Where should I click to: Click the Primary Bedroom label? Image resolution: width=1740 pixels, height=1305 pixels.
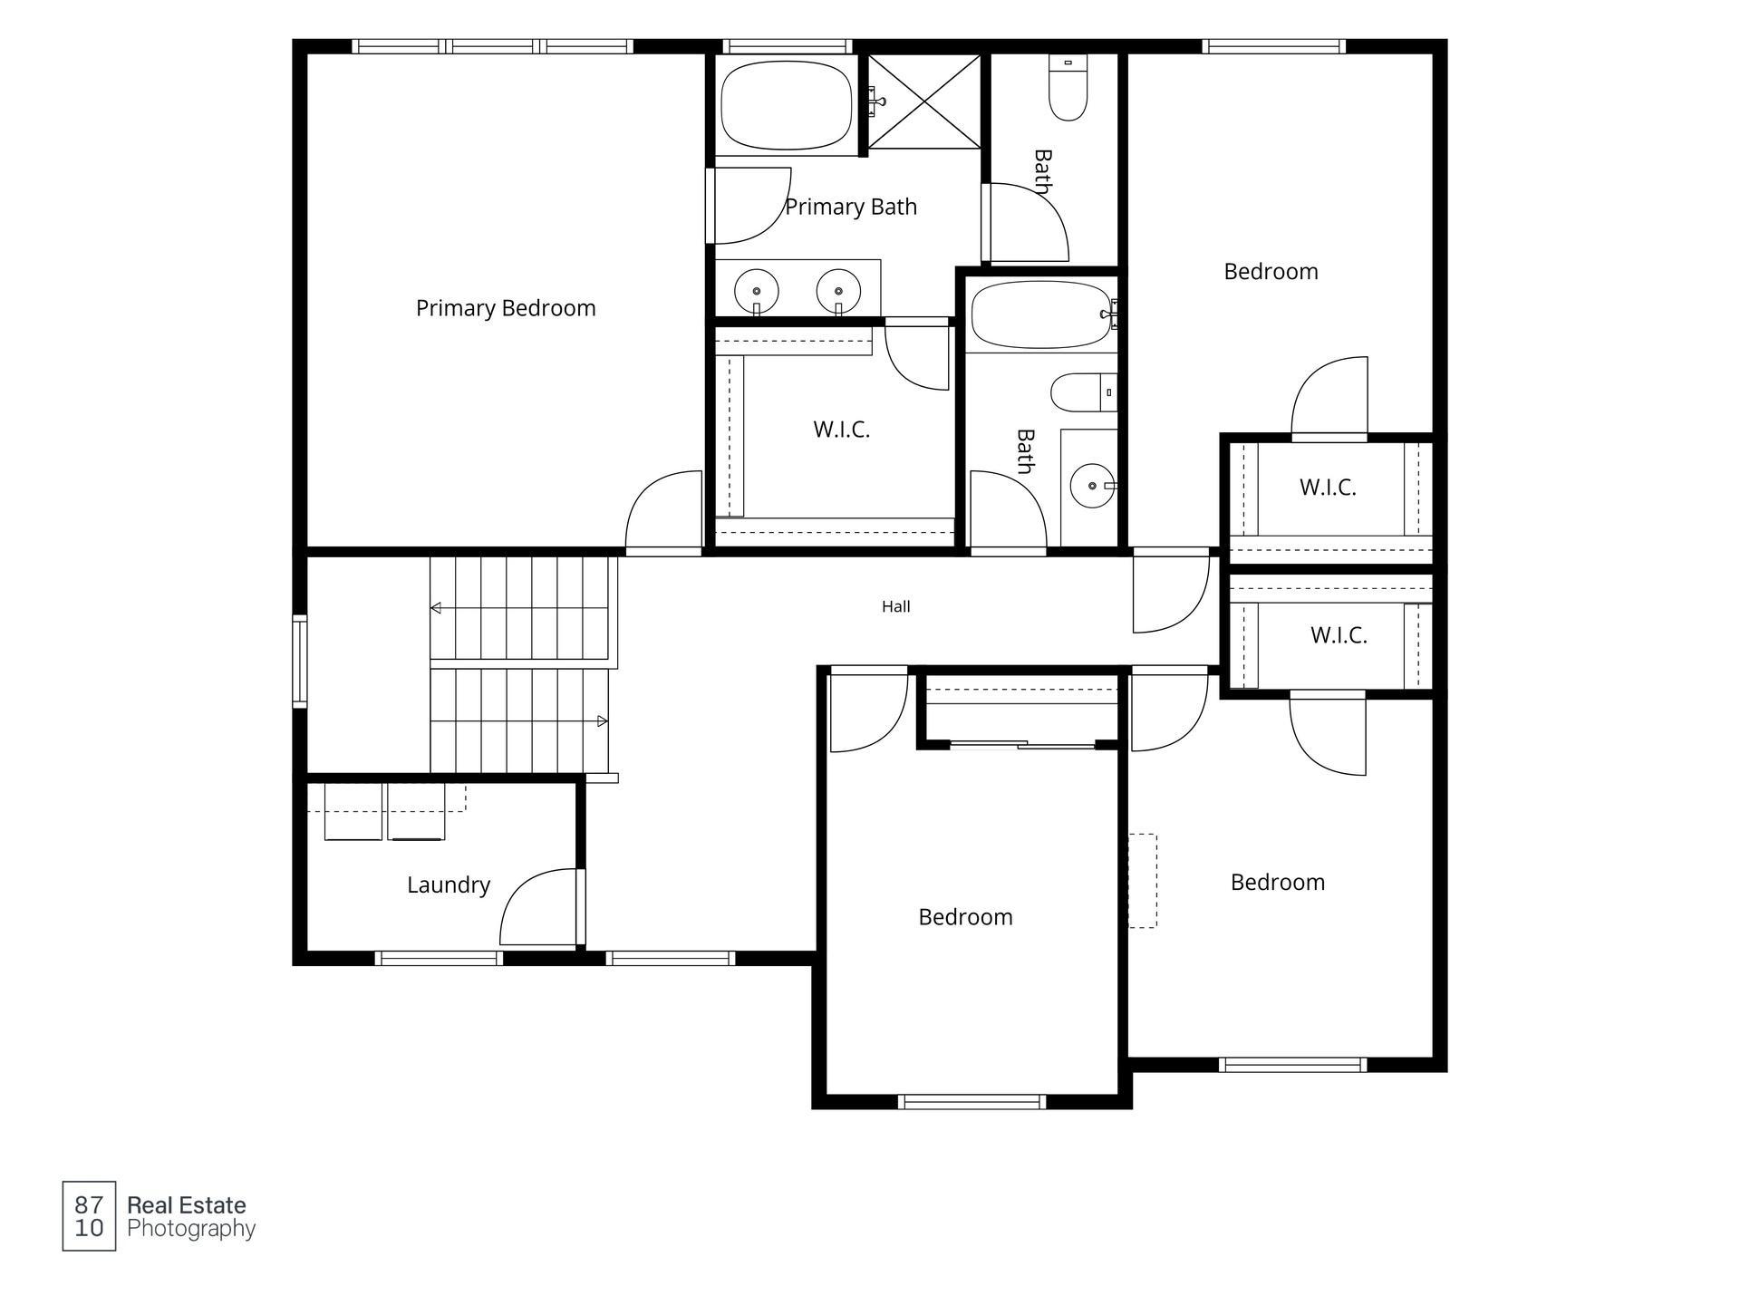click(506, 309)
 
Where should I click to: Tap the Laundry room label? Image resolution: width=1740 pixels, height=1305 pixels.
click(449, 885)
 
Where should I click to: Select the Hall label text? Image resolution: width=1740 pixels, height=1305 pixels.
click(895, 606)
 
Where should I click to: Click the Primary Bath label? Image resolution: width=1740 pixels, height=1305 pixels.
click(851, 208)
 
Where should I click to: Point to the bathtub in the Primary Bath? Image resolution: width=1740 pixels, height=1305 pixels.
click(787, 105)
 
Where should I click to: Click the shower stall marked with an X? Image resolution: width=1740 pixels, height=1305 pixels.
click(924, 101)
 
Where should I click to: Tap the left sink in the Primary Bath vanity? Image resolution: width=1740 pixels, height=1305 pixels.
click(756, 291)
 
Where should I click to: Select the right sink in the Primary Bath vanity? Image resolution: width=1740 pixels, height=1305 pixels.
click(838, 291)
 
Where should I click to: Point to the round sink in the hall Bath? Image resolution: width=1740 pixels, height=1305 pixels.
click(1092, 486)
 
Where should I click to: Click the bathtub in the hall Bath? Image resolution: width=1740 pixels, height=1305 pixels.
click(1041, 314)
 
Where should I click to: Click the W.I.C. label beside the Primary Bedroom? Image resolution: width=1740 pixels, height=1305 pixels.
click(842, 430)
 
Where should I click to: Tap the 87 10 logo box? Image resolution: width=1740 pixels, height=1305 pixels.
click(89, 1216)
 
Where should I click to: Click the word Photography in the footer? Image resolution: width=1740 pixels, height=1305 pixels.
click(191, 1229)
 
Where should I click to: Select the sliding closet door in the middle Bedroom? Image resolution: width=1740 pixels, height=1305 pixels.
click(1023, 745)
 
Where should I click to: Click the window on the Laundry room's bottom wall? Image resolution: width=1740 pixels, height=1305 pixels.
click(439, 958)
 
